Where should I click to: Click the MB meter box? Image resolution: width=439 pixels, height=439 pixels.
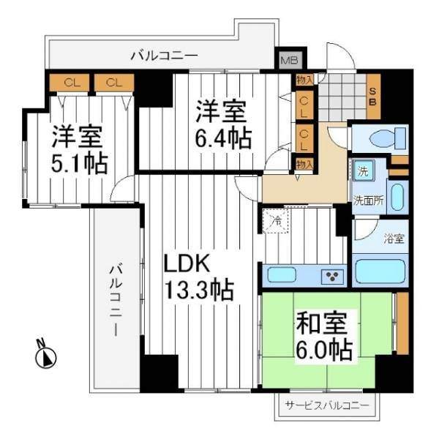point(290,60)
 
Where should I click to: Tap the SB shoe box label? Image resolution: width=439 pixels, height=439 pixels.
point(372,97)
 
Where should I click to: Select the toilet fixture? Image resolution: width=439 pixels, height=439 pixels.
point(388,138)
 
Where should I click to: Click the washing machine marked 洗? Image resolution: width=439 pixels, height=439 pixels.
point(364,170)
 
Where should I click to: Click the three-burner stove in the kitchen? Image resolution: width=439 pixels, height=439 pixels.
point(332,276)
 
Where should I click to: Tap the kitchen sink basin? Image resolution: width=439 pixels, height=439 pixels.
point(282,274)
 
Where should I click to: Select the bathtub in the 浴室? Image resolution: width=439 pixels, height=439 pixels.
point(380,269)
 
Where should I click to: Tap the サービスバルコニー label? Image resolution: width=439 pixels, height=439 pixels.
point(327,405)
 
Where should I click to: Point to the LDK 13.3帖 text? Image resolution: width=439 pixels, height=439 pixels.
point(198,277)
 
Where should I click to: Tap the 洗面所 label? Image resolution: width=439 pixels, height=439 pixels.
point(368,200)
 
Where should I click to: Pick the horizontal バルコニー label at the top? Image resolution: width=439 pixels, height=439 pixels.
point(165,56)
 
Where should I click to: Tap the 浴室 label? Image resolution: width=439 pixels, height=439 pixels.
point(394,239)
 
